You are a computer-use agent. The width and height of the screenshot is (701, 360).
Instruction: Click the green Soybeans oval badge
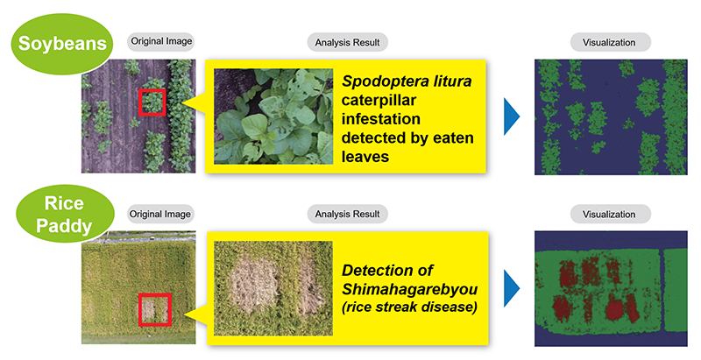point(62,43)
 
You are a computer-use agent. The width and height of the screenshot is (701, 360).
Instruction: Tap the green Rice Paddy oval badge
point(64,214)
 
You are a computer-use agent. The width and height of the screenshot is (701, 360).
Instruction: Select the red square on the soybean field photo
point(152,102)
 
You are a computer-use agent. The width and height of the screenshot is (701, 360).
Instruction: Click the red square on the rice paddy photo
point(155,309)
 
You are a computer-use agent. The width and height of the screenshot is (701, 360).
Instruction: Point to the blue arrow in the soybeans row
point(512,116)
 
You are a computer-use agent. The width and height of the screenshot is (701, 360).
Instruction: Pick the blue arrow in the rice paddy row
point(512,288)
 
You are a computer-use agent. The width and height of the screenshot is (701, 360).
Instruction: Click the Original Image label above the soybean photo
point(161,41)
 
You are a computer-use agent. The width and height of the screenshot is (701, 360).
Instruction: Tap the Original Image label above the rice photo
point(160,214)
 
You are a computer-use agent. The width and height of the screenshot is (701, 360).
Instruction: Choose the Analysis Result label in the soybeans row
point(347,42)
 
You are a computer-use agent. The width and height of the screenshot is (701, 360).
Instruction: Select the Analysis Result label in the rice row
point(347,214)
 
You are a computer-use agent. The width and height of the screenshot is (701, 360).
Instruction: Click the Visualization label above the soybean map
point(610,42)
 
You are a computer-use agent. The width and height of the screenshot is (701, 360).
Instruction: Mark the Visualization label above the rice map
point(610,214)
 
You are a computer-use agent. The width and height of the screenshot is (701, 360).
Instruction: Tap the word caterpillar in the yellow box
point(379,101)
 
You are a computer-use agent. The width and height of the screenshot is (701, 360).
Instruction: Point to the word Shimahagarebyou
point(409,289)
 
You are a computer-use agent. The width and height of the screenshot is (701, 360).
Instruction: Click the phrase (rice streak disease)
point(409,307)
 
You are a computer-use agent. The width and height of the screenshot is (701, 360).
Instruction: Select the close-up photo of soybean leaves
point(273,116)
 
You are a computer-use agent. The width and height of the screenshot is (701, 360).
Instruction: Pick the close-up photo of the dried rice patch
point(273,288)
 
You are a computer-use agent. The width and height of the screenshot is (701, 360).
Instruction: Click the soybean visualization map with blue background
point(611,116)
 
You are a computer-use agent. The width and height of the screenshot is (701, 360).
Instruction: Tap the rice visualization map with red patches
point(611,288)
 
